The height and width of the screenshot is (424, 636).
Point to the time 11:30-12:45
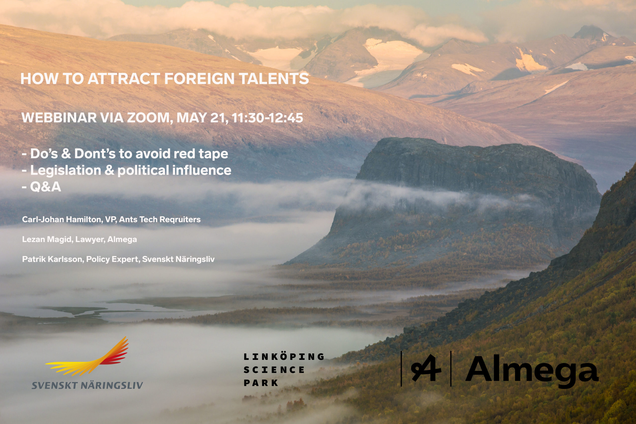(x=267, y=118)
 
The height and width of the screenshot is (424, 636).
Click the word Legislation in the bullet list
(x=66, y=170)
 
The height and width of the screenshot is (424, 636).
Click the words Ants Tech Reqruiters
(x=160, y=219)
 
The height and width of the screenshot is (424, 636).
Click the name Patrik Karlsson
(x=53, y=259)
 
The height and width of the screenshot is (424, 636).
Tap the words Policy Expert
(x=113, y=259)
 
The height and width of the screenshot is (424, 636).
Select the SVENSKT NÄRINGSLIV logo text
(x=87, y=385)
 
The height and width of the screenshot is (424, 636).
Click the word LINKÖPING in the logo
(x=284, y=356)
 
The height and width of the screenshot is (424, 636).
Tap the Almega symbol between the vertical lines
(x=426, y=368)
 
